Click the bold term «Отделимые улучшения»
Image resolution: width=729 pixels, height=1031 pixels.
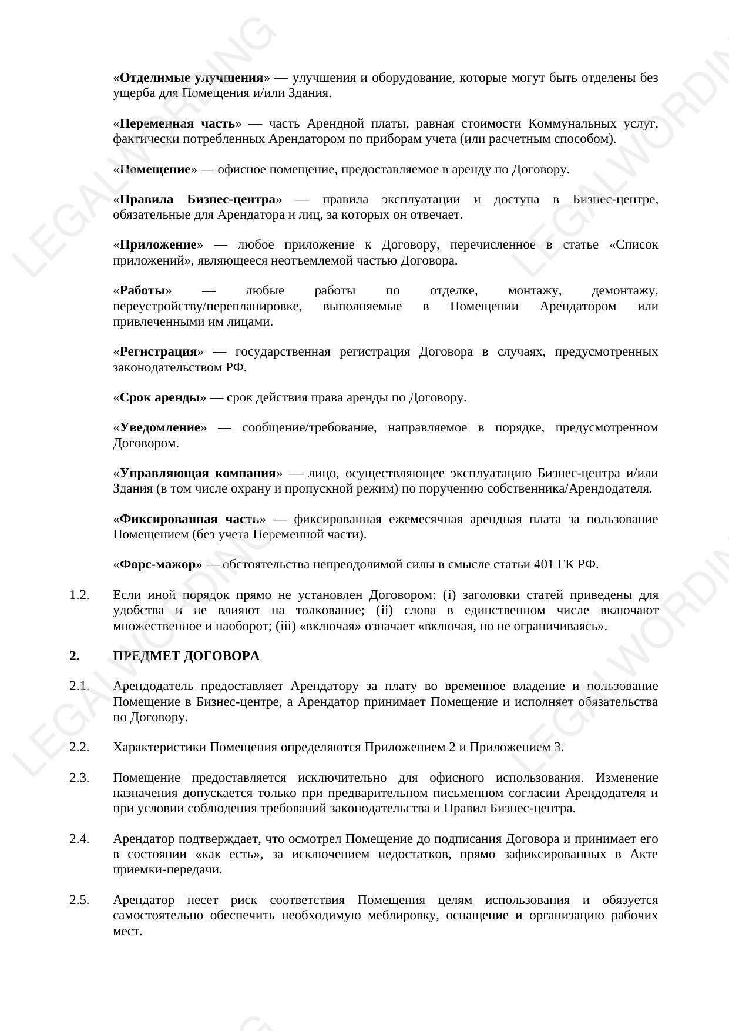coord(191,78)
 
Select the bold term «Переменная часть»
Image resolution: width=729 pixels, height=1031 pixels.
coord(177,123)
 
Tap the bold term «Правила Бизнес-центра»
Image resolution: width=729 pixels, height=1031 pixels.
coord(197,199)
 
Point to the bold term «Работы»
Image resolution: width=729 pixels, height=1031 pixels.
coord(143,291)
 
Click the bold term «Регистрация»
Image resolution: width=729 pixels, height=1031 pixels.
coord(158,352)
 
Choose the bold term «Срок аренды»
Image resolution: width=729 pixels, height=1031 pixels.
coord(160,397)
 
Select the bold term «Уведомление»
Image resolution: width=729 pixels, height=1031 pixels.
coord(160,427)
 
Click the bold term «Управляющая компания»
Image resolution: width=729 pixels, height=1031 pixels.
coord(197,473)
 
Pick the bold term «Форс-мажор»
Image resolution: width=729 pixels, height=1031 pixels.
coord(157,564)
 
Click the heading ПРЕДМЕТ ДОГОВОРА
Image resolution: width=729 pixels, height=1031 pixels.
coord(186,656)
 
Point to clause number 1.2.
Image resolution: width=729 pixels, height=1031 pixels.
coord(79,595)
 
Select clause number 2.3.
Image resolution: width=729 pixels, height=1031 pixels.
coord(79,778)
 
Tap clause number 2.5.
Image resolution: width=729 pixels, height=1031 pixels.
coord(79,900)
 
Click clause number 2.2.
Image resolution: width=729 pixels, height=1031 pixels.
coord(79,747)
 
